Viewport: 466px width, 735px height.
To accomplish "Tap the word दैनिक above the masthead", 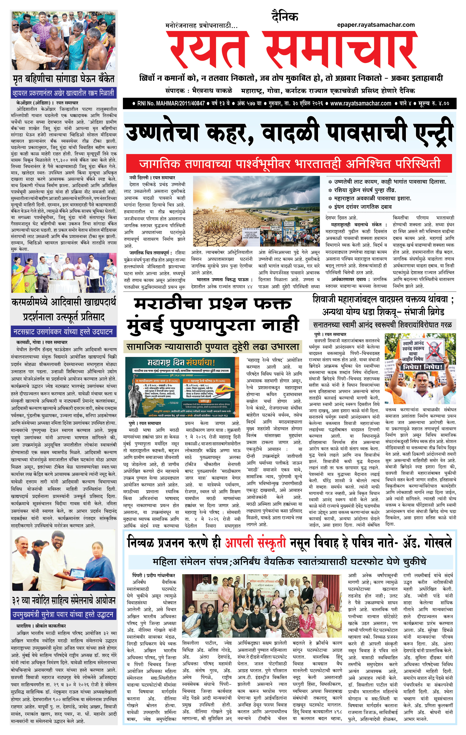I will pyautogui.click(x=285, y=17).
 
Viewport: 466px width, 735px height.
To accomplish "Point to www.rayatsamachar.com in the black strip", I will pyautogui.click(x=360, y=104).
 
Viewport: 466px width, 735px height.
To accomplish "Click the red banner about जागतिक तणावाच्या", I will pyautogui.click(x=289, y=164).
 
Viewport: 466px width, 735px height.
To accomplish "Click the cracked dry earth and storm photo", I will pyautogui.click(x=256, y=211).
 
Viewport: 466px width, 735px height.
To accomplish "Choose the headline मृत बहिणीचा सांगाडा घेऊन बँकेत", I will pyautogui.click(x=63, y=79).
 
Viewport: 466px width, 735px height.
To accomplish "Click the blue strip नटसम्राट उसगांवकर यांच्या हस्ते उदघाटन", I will pyautogui.click(x=63, y=332).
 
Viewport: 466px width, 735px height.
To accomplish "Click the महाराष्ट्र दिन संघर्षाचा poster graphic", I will pyautogui.click(x=182, y=387).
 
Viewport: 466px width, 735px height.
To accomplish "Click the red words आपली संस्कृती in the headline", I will pyautogui.click(x=255, y=543).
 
